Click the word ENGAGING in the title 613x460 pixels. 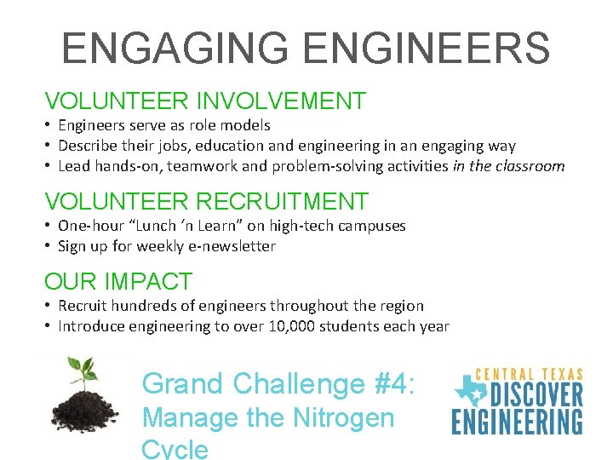point(175,49)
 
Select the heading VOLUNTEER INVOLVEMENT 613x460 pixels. point(205,101)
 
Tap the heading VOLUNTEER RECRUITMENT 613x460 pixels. point(207,202)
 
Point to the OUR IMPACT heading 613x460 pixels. point(118,281)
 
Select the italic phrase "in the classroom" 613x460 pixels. point(508,166)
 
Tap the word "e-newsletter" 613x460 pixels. point(233,246)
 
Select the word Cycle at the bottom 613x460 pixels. point(175,449)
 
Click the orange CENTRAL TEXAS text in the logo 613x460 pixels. point(528,374)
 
